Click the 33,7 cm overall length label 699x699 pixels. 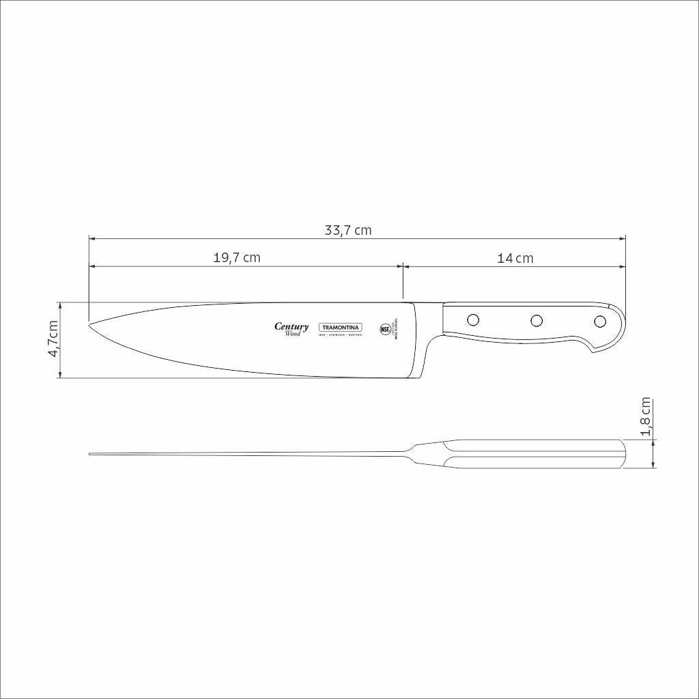point(347,231)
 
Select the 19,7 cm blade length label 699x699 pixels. point(237,258)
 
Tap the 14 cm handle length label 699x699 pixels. point(515,258)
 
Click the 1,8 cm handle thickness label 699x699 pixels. point(645,417)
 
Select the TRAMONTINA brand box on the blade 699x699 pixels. point(341,328)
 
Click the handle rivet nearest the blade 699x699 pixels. point(472,319)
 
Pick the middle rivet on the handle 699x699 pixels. point(537,320)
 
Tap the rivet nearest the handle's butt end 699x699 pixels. point(600,322)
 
